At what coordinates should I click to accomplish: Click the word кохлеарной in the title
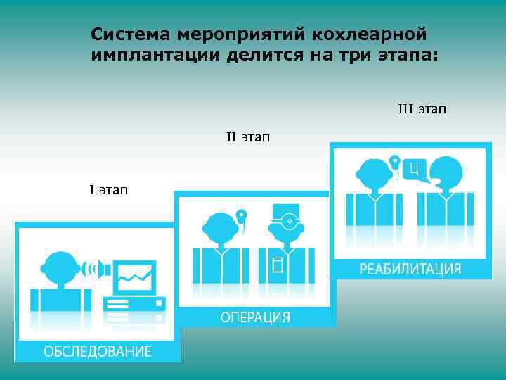370,34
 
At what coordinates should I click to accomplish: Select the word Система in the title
131,34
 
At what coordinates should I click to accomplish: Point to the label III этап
422,109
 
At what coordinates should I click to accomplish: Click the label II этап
247,136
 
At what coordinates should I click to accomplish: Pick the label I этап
108,189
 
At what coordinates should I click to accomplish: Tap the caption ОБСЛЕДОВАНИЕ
97,351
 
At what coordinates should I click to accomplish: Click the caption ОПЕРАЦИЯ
255,317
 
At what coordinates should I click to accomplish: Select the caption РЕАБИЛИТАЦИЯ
410,268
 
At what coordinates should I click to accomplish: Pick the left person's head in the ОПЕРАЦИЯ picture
219,227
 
